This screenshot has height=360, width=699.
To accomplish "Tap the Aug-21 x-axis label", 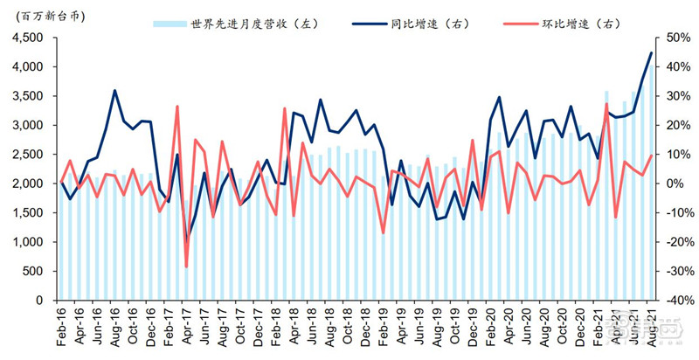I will pos(650,327).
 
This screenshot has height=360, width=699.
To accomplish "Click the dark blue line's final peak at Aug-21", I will pos(650,53).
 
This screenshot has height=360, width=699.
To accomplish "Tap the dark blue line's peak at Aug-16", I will pos(114,90).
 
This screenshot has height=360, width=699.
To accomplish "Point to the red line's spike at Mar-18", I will pos(285,108).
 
